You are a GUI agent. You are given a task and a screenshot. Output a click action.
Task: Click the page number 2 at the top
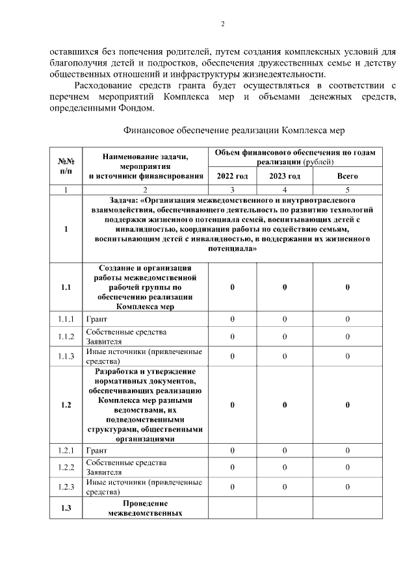[x=222, y=25]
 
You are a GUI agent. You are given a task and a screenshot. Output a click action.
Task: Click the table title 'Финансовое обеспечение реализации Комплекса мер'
[x=233, y=130]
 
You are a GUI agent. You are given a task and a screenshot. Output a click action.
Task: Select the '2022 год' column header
[x=232, y=176]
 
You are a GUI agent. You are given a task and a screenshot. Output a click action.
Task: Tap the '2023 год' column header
[x=285, y=176]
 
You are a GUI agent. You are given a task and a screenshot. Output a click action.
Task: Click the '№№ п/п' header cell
[x=66, y=166]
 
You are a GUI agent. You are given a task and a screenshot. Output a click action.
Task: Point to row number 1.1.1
[x=66, y=320]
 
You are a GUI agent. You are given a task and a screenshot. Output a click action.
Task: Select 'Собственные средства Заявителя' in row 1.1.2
[x=126, y=336]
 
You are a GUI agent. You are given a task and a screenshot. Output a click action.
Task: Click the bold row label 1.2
[x=66, y=405]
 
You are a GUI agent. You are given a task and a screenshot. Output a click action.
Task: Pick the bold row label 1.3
[x=66, y=508]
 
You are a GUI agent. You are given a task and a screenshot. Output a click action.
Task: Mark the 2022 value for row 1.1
[x=232, y=288]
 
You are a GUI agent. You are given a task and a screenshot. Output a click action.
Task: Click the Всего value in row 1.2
[x=347, y=405]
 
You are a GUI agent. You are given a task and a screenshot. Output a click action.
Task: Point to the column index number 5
[x=347, y=190]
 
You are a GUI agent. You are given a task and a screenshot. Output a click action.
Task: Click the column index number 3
[x=232, y=190]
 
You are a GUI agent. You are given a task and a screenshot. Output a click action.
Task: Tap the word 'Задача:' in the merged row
[x=125, y=201]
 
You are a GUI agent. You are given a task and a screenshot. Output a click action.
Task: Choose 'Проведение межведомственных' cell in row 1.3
[x=145, y=508]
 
